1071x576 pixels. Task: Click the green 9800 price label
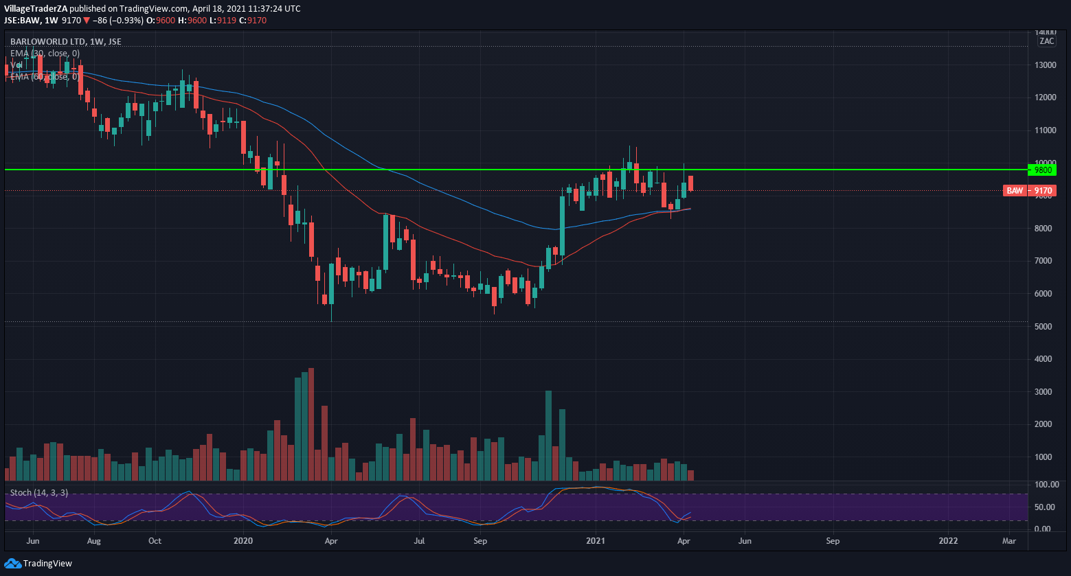coord(1043,170)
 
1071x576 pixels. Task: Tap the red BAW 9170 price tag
coord(1028,190)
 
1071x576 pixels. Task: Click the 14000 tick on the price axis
coord(1046,32)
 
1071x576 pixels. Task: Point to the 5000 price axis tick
coord(1046,326)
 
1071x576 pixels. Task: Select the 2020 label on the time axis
coord(243,541)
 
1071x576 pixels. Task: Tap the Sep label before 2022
coord(833,541)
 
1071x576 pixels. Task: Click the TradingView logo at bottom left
coord(38,564)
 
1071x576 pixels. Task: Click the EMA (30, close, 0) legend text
coord(45,53)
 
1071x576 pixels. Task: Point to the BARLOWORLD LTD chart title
coord(65,42)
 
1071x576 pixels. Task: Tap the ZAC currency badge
coord(1046,41)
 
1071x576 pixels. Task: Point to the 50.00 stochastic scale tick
coord(1047,507)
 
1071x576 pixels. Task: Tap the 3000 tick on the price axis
coord(1046,391)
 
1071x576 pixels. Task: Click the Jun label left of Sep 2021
coord(745,541)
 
